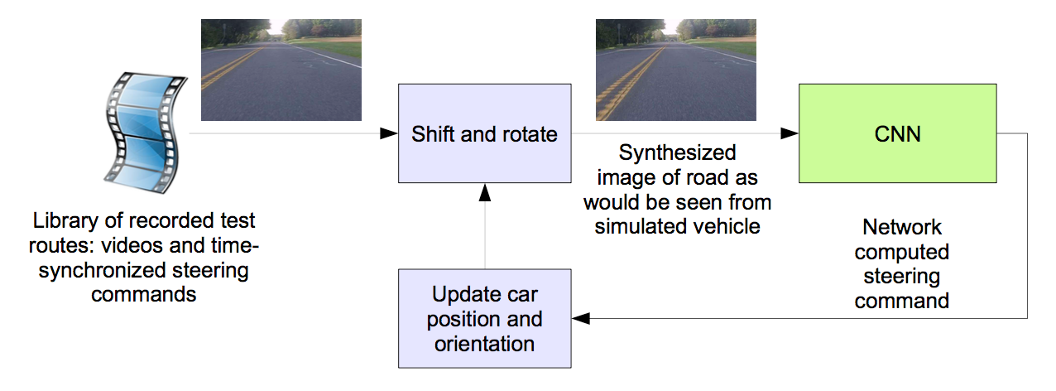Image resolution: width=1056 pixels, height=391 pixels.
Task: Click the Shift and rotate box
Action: click(484, 133)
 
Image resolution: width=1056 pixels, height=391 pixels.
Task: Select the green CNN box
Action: click(897, 133)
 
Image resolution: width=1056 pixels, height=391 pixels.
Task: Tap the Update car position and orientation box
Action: click(484, 318)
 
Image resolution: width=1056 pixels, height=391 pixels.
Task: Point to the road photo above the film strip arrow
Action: click(281, 70)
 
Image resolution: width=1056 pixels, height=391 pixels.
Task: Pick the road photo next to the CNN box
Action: click(675, 70)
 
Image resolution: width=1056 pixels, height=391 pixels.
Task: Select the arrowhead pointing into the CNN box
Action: click(790, 133)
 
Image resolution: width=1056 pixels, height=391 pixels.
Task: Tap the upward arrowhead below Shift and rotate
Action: click(485, 191)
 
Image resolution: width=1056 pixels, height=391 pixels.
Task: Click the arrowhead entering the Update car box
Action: click(581, 318)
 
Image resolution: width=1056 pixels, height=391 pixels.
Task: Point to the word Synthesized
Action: click(677, 153)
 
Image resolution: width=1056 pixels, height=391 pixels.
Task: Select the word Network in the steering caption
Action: click(902, 227)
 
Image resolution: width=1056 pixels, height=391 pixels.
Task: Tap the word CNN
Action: click(897, 133)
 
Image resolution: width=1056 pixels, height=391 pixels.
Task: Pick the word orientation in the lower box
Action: click(485, 342)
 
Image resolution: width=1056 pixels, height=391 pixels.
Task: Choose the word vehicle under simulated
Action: click(730, 226)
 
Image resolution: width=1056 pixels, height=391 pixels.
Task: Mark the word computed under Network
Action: click(902, 251)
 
